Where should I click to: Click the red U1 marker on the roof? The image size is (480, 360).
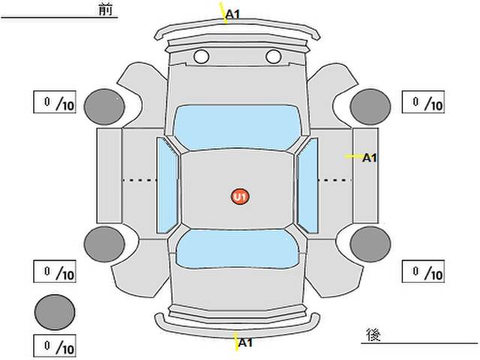pos(240,196)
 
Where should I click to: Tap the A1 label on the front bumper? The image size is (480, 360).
pos(233,14)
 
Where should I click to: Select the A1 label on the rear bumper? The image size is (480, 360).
pos(245,343)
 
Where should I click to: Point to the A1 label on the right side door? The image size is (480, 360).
pos(370,158)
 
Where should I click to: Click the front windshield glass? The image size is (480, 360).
pos(238,127)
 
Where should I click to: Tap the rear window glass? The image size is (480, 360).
pos(237,249)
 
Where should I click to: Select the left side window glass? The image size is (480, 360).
pos(167,185)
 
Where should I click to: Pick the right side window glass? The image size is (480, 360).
pos(307,185)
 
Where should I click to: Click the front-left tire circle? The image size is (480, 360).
pos(104,106)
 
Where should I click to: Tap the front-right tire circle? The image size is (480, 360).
pos(370,106)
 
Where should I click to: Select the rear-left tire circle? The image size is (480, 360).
pos(104,244)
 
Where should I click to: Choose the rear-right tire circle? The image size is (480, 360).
pos(370,244)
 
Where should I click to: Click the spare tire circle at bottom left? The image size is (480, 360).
pos(55,312)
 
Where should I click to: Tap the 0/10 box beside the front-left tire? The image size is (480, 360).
pos(55,102)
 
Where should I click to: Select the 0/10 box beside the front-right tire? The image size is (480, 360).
pos(423,102)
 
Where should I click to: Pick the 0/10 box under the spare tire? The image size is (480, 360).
pos(55,346)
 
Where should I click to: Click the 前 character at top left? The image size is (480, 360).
pos(106,10)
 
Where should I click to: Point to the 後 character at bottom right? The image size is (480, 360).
pos(373,334)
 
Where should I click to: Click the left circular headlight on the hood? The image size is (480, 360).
pos(202,57)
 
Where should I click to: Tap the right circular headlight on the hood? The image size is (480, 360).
pos(274,57)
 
